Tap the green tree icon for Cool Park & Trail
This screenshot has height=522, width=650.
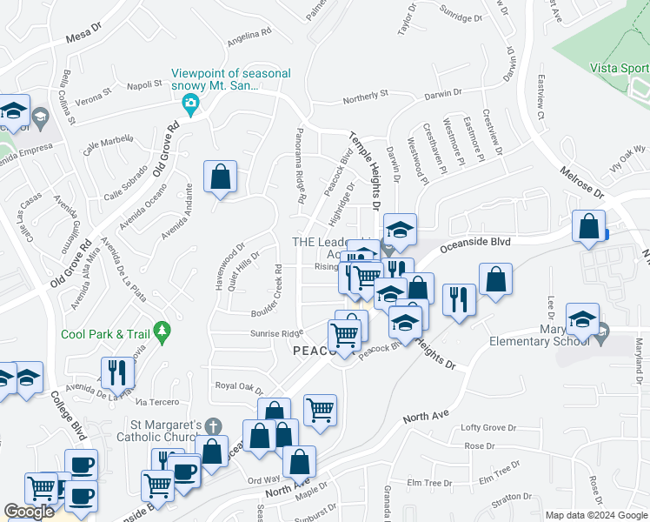pyautogui.click(x=161, y=331)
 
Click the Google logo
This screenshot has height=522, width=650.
pyautogui.click(x=30, y=512)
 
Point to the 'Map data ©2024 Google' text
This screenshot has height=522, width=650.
pyautogui.click(x=595, y=515)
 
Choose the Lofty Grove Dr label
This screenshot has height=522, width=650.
pyautogui.click(x=488, y=427)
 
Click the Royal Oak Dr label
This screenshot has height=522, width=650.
pyautogui.click(x=239, y=385)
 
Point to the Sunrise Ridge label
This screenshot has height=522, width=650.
pyautogui.click(x=277, y=333)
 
